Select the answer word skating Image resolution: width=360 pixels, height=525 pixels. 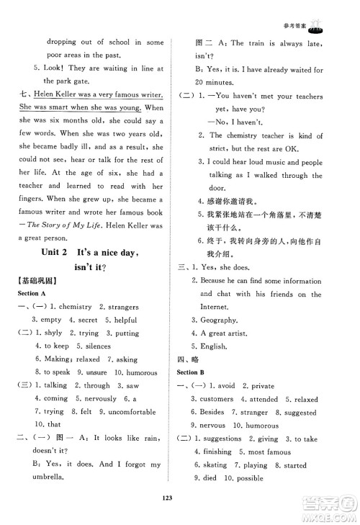pos(216,465)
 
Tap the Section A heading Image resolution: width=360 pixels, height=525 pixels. pos(24,294)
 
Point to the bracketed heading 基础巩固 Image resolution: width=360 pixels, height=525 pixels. pos(26,281)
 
